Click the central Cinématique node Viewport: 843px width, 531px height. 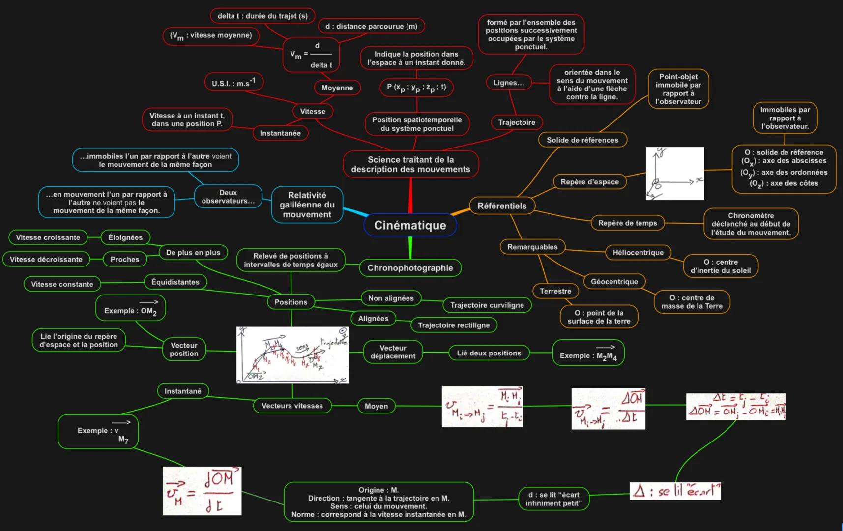click(x=410, y=225)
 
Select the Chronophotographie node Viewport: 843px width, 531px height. click(x=410, y=268)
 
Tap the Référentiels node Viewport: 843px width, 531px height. click(x=502, y=206)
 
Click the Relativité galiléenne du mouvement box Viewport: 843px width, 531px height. click(x=307, y=205)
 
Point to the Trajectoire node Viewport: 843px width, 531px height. click(x=517, y=122)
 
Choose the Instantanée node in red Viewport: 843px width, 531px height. click(x=280, y=133)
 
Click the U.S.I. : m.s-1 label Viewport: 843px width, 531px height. click(x=233, y=82)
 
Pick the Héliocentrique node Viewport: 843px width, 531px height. click(x=638, y=253)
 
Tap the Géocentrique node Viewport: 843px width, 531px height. click(x=614, y=282)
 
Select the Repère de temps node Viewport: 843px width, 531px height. click(x=627, y=223)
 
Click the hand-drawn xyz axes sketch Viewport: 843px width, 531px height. click(x=674, y=174)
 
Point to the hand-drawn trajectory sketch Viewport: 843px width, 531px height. click(x=292, y=355)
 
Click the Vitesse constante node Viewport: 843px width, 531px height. click(x=62, y=284)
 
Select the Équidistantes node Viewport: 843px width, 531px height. click(x=175, y=282)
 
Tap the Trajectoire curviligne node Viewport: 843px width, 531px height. click(x=487, y=305)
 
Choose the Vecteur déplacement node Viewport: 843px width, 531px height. click(x=393, y=352)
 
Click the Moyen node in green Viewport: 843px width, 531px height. click(x=376, y=406)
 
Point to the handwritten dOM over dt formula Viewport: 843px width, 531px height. click(x=202, y=491)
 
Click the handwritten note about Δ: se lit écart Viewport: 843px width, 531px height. click(x=675, y=491)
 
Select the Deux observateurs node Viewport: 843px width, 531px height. click(x=228, y=197)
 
